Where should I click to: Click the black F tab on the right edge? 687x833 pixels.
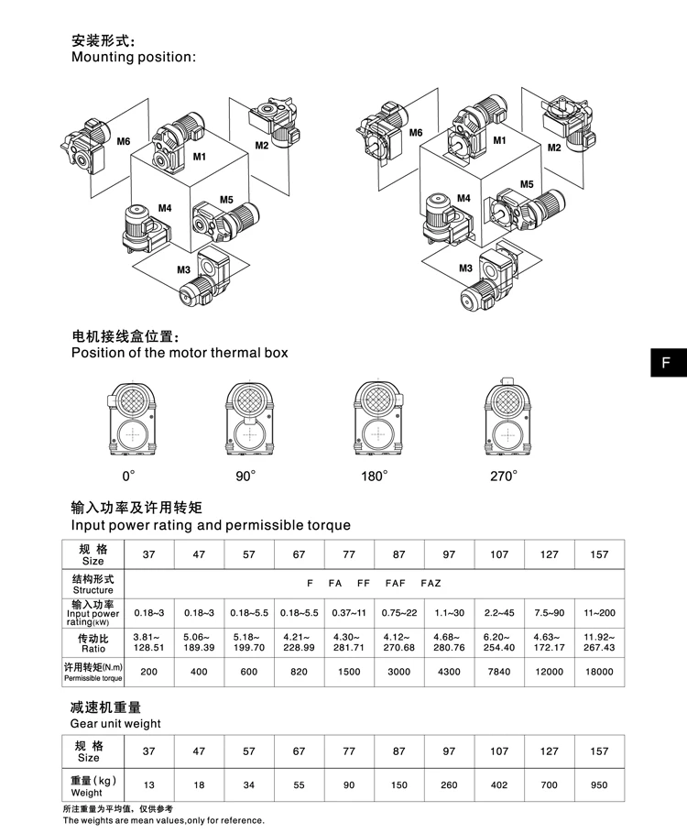coord(666,362)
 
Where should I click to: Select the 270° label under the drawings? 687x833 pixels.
coord(503,476)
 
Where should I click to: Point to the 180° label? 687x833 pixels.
coord(374,476)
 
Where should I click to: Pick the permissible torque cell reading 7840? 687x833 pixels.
coord(498,672)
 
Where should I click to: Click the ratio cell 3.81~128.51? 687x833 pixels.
coord(149,641)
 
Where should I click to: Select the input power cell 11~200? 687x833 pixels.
coord(598,609)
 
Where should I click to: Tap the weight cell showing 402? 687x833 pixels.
coord(498,785)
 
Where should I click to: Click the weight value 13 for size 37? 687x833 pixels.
coord(149,785)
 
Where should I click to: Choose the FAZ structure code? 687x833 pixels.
coord(431,582)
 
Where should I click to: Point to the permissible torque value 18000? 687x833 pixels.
coord(598,672)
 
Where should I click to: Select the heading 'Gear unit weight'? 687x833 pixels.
coord(115,723)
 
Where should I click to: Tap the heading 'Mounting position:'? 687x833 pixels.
coord(134,57)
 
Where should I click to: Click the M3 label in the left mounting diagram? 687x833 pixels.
coord(183,269)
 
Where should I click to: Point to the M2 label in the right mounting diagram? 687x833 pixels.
coord(554,148)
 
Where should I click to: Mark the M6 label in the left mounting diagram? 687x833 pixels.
coord(124,140)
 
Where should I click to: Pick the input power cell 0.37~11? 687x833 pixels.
coord(349,609)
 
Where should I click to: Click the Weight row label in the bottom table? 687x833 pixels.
coord(88,786)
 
